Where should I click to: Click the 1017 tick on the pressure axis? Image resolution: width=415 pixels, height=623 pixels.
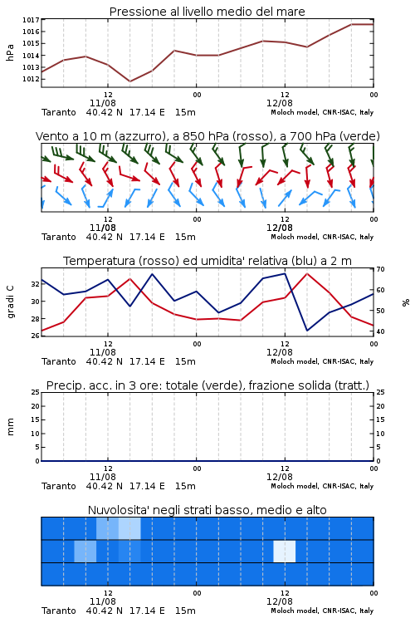point(30,20)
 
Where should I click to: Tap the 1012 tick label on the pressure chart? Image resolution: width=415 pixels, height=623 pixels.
point(30,79)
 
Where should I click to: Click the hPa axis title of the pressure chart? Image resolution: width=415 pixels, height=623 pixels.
point(10,52)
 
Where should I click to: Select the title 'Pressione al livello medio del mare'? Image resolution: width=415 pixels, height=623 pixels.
point(207,12)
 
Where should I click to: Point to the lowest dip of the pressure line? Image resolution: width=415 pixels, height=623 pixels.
point(129,81)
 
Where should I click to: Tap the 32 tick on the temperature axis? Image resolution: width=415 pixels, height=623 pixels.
point(35,284)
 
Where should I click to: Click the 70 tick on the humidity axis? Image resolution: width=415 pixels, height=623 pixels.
point(380,269)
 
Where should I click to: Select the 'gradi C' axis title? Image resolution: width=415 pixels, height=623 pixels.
point(11,302)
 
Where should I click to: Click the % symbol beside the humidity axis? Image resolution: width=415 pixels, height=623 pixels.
point(406,302)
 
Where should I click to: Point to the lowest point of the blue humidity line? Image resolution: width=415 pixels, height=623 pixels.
point(307,331)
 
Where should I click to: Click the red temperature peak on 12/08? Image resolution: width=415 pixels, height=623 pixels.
point(307,273)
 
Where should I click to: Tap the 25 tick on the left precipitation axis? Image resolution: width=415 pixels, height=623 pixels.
point(35,392)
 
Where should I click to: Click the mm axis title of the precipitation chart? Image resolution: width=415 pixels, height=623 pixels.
point(10,427)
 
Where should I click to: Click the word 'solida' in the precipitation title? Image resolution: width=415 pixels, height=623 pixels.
point(316,385)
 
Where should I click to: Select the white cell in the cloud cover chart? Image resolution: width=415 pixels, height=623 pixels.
point(285,552)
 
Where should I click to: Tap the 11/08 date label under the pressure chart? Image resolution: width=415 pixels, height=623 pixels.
point(102,103)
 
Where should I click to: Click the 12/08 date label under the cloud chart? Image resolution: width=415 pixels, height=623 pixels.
point(279,601)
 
